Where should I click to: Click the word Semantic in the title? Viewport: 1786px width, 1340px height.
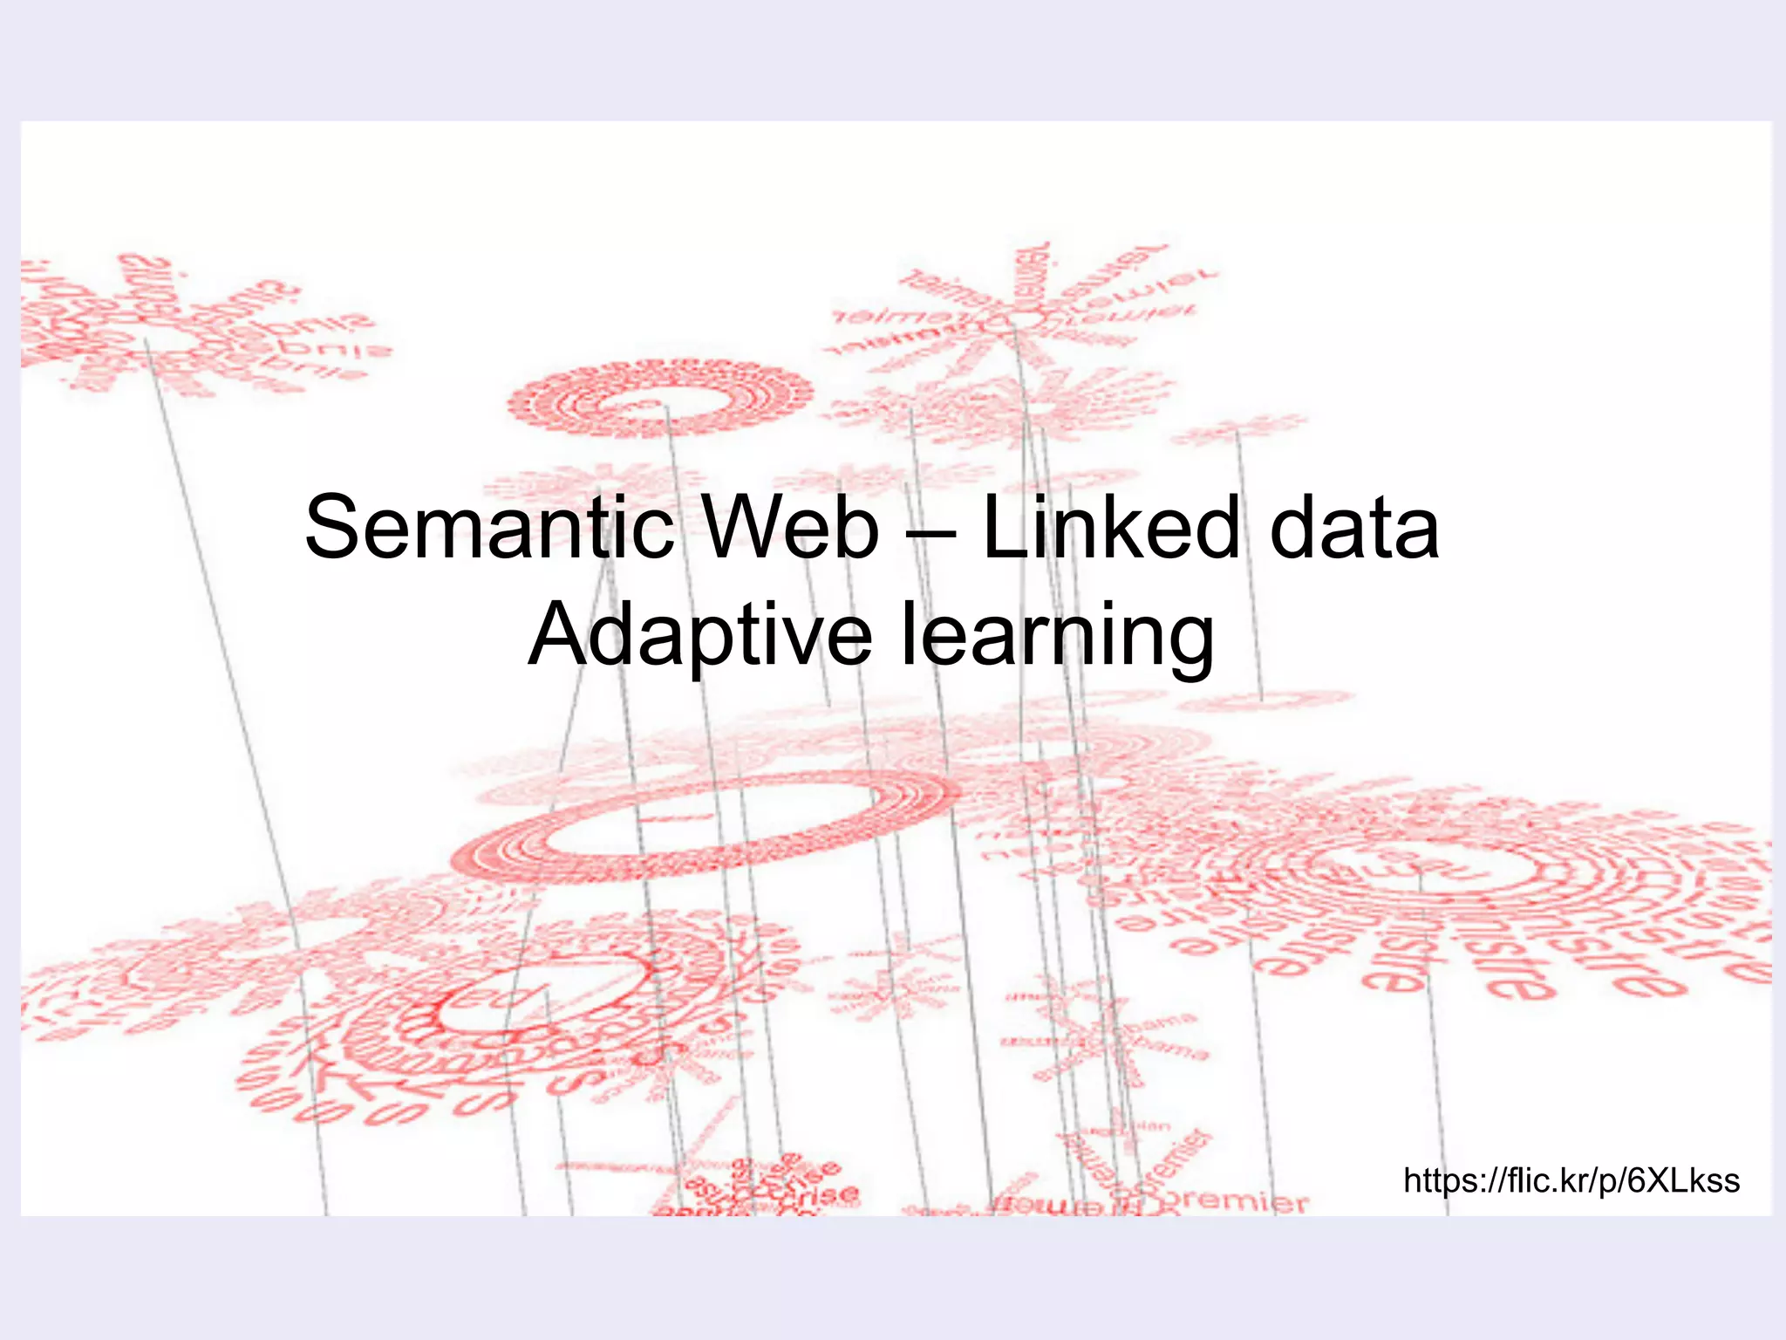[489, 529]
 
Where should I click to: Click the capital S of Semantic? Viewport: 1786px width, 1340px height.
[333, 529]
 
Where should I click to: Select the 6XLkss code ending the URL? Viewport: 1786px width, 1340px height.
[1683, 1180]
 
